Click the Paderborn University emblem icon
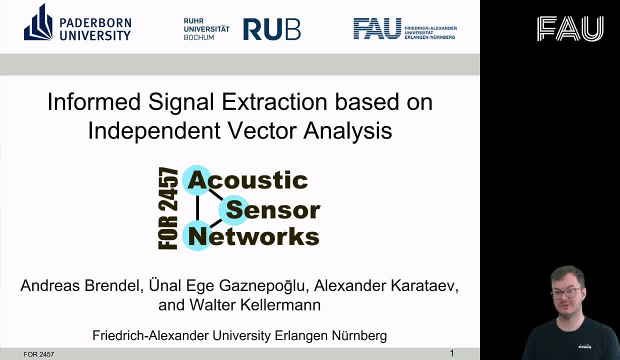pyautogui.click(x=38, y=22)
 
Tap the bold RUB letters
pyautogui.click(x=272, y=29)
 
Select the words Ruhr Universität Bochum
pyautogui.click(x=206, y=29)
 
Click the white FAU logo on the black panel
pyautogui.click(x=570, y=28)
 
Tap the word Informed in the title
pyautogui.click(x=94, y=102)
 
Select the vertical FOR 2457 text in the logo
pyautogui.click(x=168, y=208)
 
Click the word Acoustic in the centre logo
pyautogui.click(x=248, y=180)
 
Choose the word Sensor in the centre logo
pyautogui.click(x=273, y=210)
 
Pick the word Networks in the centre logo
pyautogui.click(x=254, y=236)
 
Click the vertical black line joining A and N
pyautogui.click(x=197, y=208)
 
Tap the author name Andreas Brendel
pyautogui.click(x=81, y=285)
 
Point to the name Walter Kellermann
pyautogui.click(x=255, y=305)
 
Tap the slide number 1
pyautogui.click(x=452, y=353)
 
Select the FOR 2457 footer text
pyautogui.click(x=39, y=354)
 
